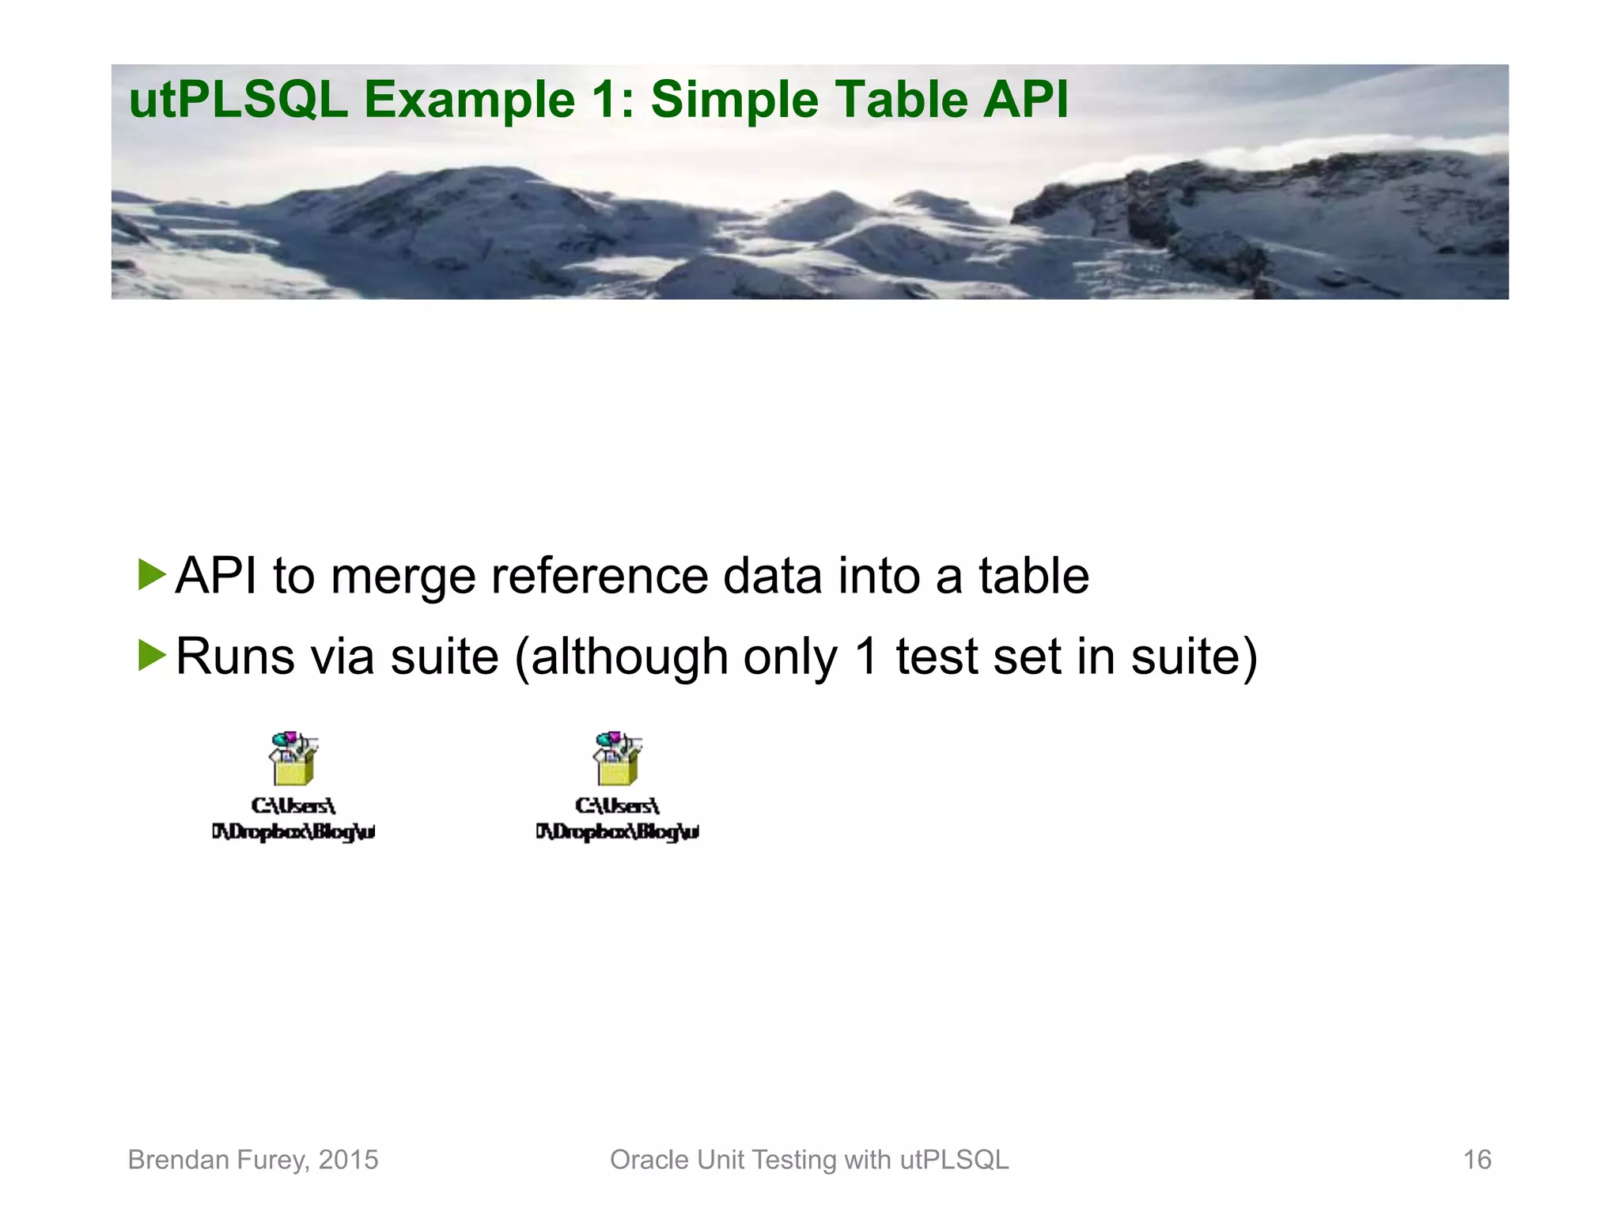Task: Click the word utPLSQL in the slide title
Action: tap(237, 100)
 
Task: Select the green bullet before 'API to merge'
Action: tap(151, 574)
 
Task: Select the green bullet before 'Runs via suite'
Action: tap(151, 655)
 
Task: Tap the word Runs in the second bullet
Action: tap(235, 657)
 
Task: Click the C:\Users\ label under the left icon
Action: tap(293, 805)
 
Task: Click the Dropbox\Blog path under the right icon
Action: tap(617, 831)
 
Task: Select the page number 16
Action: tap(1477, 1160)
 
